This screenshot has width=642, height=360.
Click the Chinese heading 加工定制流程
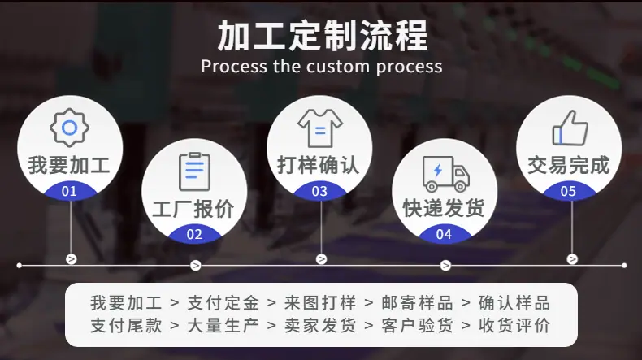323,36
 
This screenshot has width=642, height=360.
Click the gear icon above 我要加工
70,128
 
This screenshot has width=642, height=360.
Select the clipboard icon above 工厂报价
194,171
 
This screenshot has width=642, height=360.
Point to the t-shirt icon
320,128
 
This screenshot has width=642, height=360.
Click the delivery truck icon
445,174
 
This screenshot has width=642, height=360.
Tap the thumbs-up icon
570,128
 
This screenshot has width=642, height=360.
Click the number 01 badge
69,191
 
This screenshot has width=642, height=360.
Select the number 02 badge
194,235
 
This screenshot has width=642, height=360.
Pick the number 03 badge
319,191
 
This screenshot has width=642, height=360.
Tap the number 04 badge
444,235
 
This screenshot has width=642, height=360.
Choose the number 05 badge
568,191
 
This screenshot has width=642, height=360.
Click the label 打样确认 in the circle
319,166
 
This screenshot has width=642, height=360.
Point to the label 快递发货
444,208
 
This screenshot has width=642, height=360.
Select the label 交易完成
569,166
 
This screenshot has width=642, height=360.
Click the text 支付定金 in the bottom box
223,303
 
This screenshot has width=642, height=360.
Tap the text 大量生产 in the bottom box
223,326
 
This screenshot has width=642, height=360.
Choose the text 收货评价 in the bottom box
514,326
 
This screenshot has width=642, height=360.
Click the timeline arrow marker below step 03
322,259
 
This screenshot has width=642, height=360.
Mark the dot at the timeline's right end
624,266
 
